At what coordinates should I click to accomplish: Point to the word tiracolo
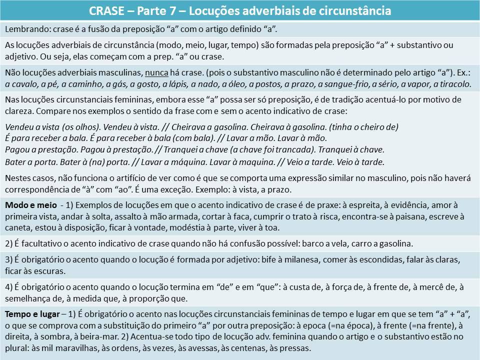coord(453,83)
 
